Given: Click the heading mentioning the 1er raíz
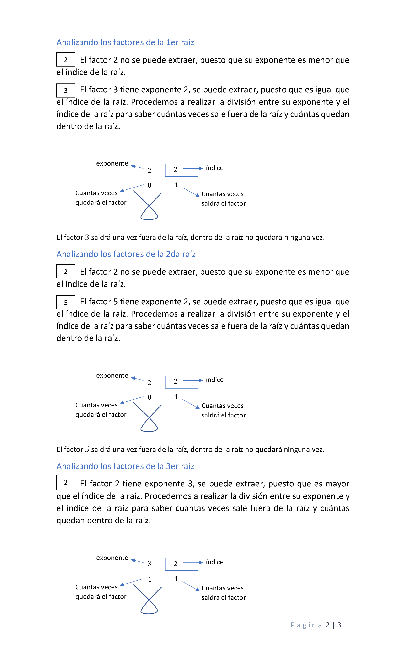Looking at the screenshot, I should click(125, 42).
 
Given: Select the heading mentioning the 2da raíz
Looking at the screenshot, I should click(126, 254).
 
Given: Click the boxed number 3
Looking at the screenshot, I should click(66, 90).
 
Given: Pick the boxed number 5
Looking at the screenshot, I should click(66, 302).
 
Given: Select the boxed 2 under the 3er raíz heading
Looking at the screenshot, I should click(66, 482).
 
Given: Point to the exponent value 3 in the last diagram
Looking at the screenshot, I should click(149, 564).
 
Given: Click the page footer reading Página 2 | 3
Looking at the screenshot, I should click(316, 625).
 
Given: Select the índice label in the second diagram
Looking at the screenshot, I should click(214, 380).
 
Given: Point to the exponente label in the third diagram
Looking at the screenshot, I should click(112, 558).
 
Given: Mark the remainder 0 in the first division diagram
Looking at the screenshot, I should click(150, 185).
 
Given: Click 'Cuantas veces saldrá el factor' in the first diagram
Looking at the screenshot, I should click(223, 199).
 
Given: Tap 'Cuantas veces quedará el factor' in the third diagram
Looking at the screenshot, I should click(101, 592).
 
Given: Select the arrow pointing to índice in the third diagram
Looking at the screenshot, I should click(193, 563).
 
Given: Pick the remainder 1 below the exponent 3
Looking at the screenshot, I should click(150, 579).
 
